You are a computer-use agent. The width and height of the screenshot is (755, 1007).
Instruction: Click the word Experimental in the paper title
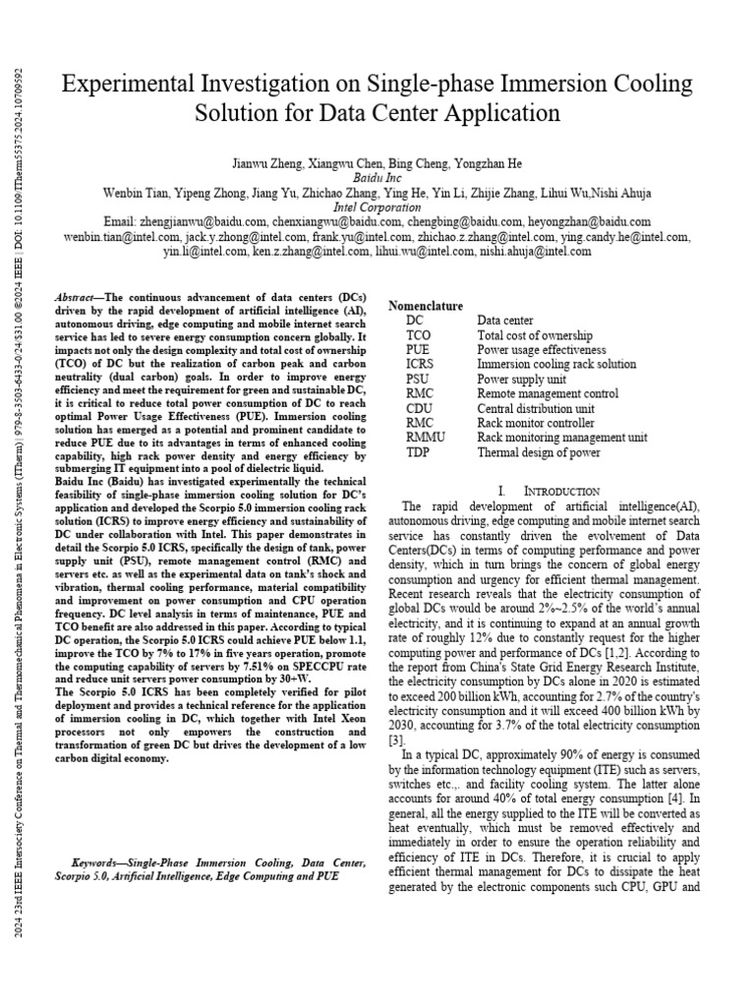pos(126,85)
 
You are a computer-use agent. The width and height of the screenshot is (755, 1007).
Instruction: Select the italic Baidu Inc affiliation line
pos(378,177)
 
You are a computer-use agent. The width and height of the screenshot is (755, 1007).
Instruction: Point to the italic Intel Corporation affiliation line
pos(378,207)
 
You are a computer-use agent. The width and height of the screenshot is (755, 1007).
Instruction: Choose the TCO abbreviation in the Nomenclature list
pos(419,335)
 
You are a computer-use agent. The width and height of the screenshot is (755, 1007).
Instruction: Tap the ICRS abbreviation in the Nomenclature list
pos(421,364)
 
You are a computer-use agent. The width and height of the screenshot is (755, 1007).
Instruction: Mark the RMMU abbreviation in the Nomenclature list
pos(424,437)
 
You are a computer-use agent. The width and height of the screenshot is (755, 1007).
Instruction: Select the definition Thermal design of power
pos(539,451)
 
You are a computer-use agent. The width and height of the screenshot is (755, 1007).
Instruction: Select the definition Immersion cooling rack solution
pos(556,364)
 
